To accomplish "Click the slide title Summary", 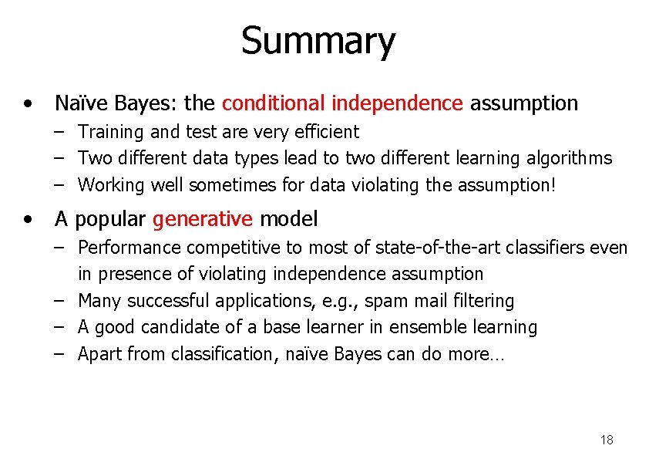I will (x=318, y=41).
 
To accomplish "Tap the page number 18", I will (x=607, y=440).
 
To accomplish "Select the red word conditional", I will (x=274, y=103).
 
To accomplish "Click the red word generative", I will (x=203, y=219).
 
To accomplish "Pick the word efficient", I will (x=324, y=132).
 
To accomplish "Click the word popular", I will (x=111, y=219).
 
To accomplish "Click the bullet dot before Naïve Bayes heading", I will (x=28, y=103).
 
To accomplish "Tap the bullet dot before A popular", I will (x=28, y=219).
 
